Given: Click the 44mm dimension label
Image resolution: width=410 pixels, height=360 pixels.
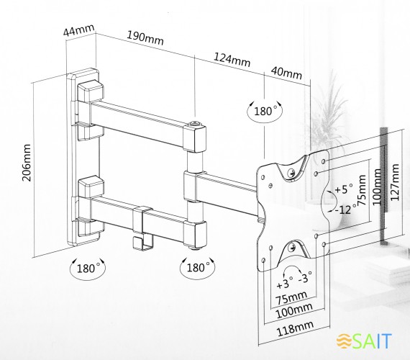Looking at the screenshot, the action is point(78,30).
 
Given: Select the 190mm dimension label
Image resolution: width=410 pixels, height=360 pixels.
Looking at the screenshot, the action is point(145,38).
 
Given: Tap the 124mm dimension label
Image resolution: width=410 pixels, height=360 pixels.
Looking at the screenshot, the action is point(232,60).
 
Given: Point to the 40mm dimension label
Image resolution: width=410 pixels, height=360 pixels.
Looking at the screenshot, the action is point(286,73).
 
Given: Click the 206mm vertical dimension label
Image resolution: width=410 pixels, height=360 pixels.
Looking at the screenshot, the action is point(27,162).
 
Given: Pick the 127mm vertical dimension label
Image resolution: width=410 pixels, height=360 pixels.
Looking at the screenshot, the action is point(395,182).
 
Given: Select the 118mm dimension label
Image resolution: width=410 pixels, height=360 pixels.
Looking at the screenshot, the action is point(295,328).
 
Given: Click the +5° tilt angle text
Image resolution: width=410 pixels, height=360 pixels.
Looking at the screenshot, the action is point(344,189).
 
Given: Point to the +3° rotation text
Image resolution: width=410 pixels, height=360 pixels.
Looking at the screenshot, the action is point(285,283).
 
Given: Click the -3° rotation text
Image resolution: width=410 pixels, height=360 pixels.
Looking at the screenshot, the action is point(305,277).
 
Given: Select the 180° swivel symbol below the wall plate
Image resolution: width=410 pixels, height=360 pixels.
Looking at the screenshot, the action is point(88,268).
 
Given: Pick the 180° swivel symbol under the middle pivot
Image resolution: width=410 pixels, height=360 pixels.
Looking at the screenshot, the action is point(197,268).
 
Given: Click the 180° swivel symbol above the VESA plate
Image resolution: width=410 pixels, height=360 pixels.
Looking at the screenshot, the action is point(265,111).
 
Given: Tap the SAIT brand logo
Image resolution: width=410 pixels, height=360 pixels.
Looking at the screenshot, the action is point(364,341).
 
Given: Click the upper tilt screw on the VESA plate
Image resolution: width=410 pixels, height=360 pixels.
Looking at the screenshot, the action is point(291,173).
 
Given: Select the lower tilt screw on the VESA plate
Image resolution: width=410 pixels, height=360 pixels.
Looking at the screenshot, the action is point(292,247).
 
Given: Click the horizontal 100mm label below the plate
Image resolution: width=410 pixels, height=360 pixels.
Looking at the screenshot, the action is point(294,310).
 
